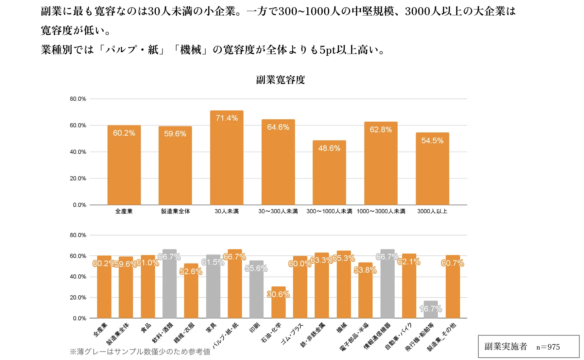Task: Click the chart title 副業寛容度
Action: click(280, 80)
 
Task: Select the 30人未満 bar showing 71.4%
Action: click(227, 160)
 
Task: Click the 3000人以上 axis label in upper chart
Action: click(432, 211)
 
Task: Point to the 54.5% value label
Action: click(432, 141)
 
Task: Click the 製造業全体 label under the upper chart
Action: click(175, 211)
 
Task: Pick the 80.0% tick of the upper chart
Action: click(78, 99)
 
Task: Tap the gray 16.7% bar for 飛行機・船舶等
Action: click(430, 311)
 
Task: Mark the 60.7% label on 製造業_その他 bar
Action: click(453, 263)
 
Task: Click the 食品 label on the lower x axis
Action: click(146, 327)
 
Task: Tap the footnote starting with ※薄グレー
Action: click(140, 352)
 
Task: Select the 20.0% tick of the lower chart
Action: click(78, 298)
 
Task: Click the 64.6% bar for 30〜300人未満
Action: click(278, 163)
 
